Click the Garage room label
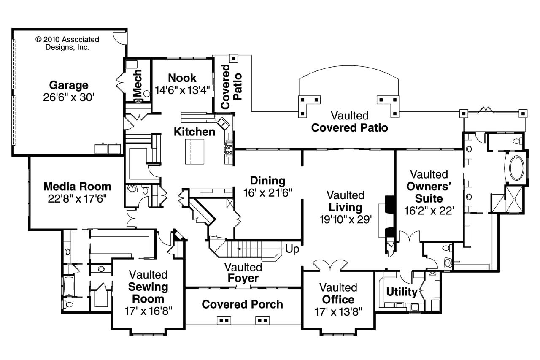(x=69, y=85)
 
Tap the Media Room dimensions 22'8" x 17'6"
(x=77, y=198)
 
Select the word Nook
(x=182, y=78)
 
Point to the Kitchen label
(x=194, y=132)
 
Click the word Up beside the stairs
(x=292, y=249)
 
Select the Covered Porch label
(x=242, y=304)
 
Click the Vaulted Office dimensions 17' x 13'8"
(x=338, y=311)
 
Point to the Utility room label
(x=402, y=292)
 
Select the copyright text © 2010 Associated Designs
(x=67, y=43)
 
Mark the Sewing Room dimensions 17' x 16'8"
(x=148, y=311)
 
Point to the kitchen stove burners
(x=229, y=148)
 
